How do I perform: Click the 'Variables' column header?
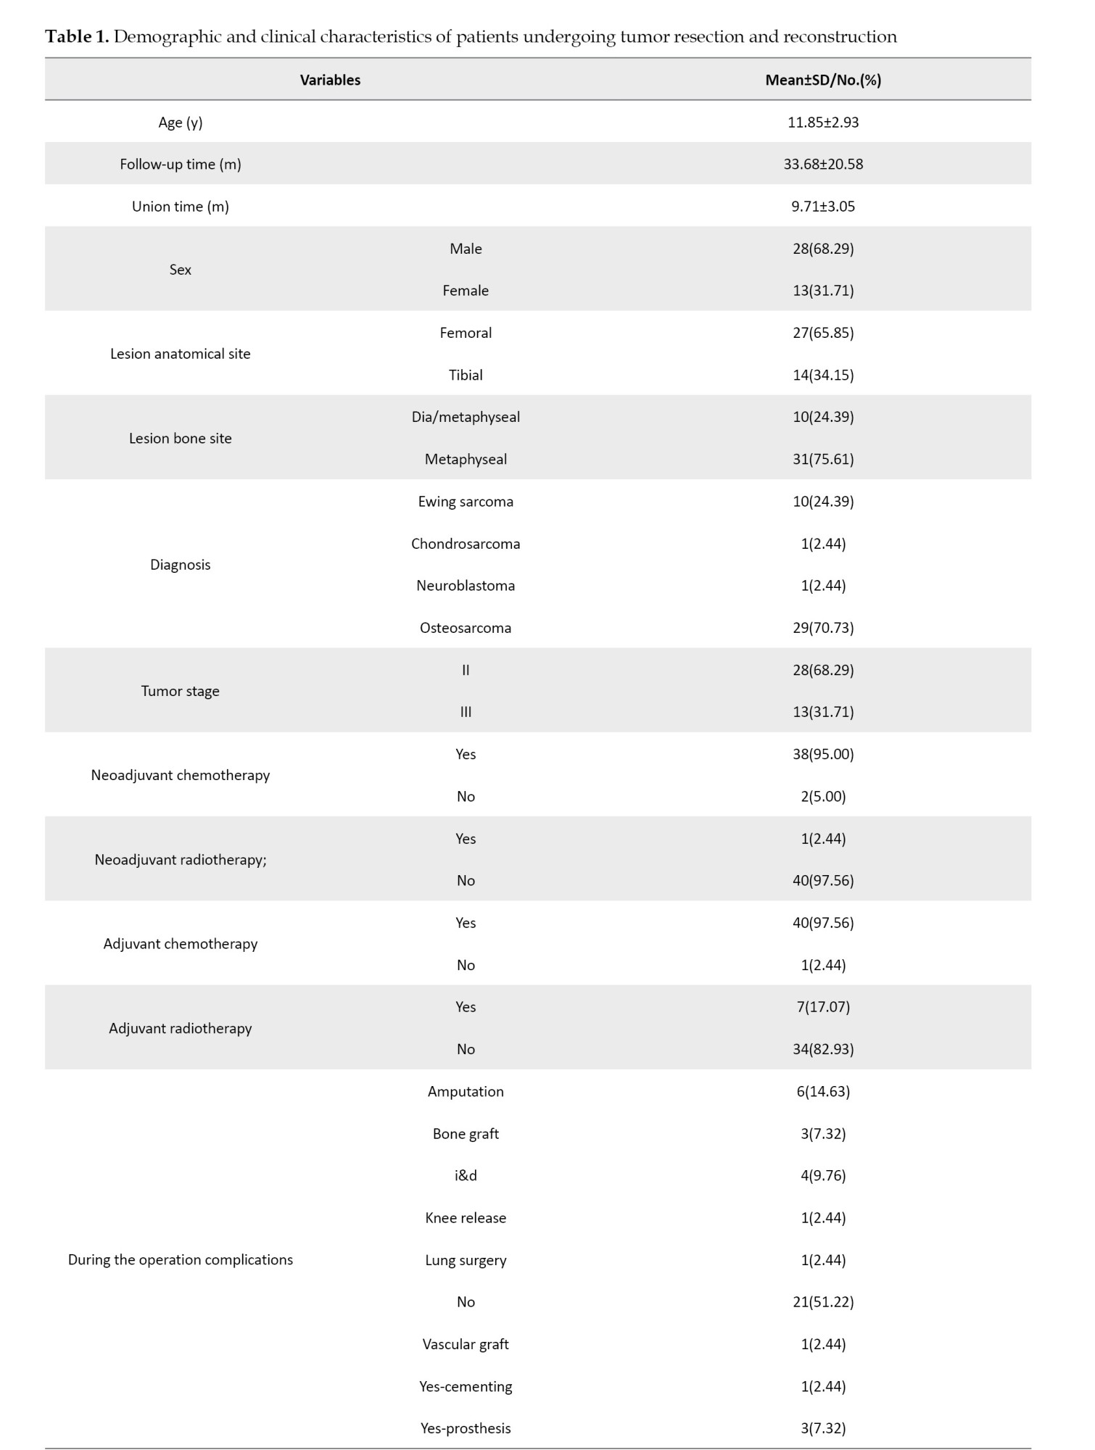tap(330, 80)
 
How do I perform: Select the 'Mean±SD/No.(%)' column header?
tap(823, 80)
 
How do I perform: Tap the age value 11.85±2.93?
tap(823, 122)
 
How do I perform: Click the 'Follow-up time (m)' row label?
tap(181, 164)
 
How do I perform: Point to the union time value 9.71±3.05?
tap(823, 206)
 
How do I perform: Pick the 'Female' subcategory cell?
tap(466, 290)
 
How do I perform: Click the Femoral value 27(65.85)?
tap(823, 333)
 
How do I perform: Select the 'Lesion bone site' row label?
tap(181, 438)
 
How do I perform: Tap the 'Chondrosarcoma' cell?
tap(466, 544)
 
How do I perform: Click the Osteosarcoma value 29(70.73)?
tap(823, 628)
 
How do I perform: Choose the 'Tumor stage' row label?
tap(181, 691)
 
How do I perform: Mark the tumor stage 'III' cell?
tap(466, 712)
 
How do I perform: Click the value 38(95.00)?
tap(823, 754)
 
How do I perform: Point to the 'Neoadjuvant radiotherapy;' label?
tap(181, 860)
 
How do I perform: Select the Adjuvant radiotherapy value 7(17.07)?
tap(823, 1006)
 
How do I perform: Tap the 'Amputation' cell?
tap(466, 1091)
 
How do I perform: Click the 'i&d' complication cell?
tap(466, 1175)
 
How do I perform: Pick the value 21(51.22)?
tap(823, 1301)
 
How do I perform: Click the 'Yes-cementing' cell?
tap(466, 1386)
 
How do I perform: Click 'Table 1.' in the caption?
tap(77, 37)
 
